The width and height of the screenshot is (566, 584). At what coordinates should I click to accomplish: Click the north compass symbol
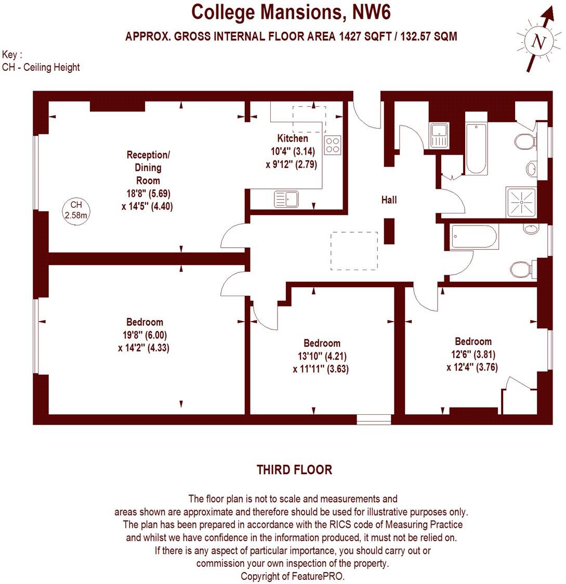pyautogui.click(x=538, y=42)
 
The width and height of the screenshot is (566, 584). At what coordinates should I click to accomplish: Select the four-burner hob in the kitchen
pyautogui.click(x=333, y=145)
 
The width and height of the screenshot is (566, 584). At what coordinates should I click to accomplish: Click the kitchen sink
pyautogui.click(x=286, y=199)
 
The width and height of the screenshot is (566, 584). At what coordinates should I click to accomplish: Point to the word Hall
pyautogui.click(x=389, y=200)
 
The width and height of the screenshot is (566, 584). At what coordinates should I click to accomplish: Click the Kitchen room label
pyautogui.click(x=292, y=138)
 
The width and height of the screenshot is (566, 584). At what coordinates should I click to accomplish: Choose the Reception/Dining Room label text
pyautogui.click(x=148, y=168)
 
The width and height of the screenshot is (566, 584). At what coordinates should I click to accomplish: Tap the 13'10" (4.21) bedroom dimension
pyautogui.click(x=322, y=357)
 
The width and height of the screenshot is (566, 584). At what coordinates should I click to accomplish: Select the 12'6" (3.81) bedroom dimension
pyautogui.click(x=472, y=354)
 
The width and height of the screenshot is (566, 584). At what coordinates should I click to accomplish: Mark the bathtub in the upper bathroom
pyautogui.click(x=476, y=149)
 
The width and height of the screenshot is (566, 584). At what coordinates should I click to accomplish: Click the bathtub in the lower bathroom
pyautogui.click(x=475, y=237)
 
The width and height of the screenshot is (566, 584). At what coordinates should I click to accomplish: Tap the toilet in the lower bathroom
pyautogui.click(x=521, y=269)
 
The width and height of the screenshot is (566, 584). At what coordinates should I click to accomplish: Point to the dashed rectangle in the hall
pyautogui.click(x=354, y=251)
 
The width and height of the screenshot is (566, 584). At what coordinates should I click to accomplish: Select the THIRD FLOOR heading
pyautogui.click(x=294, y=470)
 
